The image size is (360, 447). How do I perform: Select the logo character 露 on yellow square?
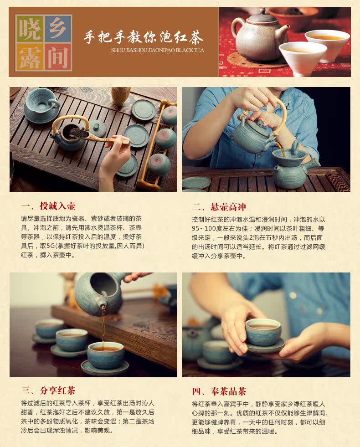(x=30, y=57)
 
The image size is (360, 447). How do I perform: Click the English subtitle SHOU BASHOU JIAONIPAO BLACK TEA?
(x=158, y=50)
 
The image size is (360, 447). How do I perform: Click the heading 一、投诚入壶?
(x=48, y=206)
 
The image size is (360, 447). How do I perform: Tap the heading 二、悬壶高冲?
(x=219, y=207)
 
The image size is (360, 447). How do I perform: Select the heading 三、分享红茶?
(x=48, y=390)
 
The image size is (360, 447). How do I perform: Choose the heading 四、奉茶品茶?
(x=219, y=391)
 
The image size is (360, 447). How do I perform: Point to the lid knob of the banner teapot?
(x=262, y=11)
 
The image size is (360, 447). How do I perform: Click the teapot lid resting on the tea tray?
(x=98, y=127)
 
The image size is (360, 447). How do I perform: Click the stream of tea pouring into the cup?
(x=103, y=325)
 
